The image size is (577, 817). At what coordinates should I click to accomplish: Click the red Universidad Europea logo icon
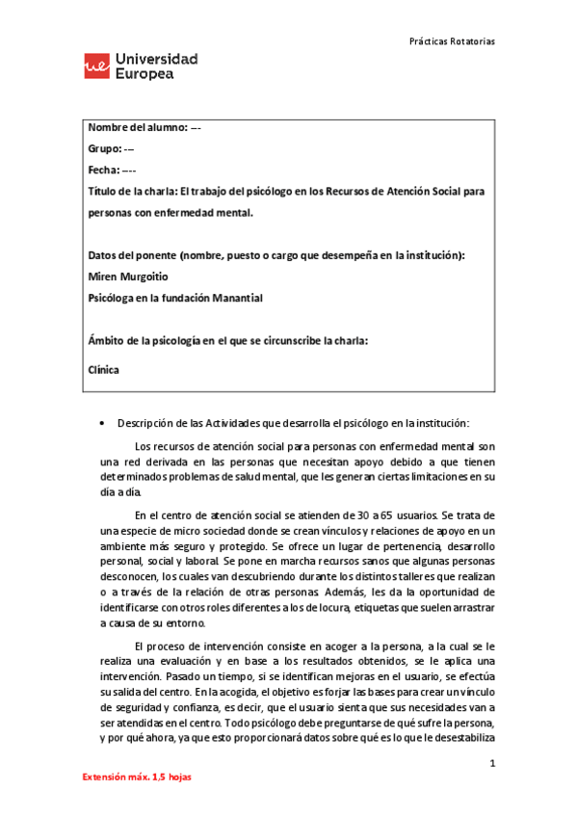[x=96, y=66]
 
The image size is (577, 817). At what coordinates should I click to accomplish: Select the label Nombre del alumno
[x=137, y=129]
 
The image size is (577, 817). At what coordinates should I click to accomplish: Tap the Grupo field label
[x=104, y=149]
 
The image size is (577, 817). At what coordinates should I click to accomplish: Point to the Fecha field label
[x=105, y=171]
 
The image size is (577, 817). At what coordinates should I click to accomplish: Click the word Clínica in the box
[x=104, y=367]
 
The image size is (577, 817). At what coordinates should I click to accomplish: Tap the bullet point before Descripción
[x=102, y=423]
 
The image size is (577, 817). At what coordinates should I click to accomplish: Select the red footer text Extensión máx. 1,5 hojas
[x=136, y=777]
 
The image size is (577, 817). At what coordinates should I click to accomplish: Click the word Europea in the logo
[x=144, y=74]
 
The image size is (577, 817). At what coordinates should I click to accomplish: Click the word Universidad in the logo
[x=157, y=59]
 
